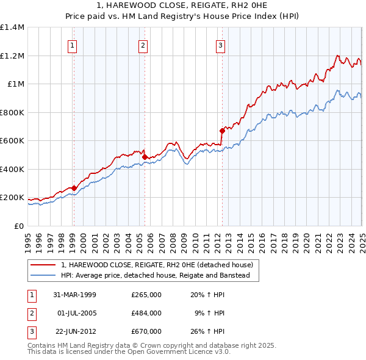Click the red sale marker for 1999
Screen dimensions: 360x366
point(74,189)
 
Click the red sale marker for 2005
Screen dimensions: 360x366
point(145,157)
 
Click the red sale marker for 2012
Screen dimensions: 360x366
point(222,131)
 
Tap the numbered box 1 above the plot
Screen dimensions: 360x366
point(73,45)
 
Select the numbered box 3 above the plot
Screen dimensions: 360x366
point(220,45)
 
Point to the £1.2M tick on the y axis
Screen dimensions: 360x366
point(14,56)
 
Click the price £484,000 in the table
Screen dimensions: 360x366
point(146,313)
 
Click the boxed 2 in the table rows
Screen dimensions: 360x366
point(31,313)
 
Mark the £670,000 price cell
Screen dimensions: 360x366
point(146,331)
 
